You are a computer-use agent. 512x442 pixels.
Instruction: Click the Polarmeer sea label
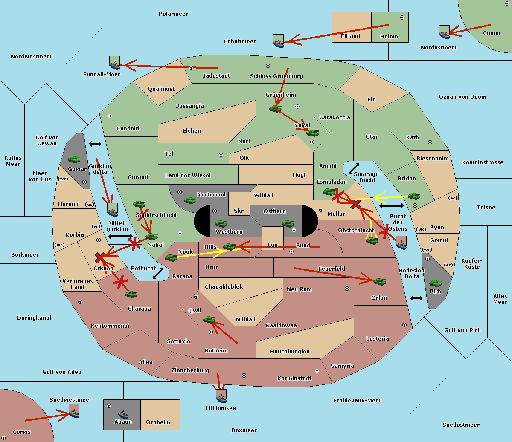(173, 14)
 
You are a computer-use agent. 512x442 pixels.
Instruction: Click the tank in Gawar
(74, 159)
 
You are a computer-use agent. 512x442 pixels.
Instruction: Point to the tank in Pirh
(435, 283)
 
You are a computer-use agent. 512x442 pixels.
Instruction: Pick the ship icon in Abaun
(123, 414)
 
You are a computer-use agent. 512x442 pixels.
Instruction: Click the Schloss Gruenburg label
(276, 76)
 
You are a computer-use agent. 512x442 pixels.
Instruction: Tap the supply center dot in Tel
(221, 155)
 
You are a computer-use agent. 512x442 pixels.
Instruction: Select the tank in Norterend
(190, 200)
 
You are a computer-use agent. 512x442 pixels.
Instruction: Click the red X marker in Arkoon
(100, 257)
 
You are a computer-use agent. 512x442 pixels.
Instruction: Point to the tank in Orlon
(380, 282)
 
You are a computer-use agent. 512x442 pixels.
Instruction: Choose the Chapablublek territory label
(224, 286)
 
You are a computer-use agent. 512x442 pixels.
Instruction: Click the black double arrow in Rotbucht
(158, 274)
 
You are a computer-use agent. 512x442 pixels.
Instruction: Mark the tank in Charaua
(131, 294)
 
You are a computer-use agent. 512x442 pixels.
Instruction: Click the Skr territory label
(239, 211)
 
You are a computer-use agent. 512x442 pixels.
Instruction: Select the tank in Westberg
(221, 224)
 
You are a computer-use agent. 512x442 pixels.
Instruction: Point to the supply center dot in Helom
(402, 17)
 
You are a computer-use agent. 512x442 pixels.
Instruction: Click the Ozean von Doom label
(462, 97)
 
